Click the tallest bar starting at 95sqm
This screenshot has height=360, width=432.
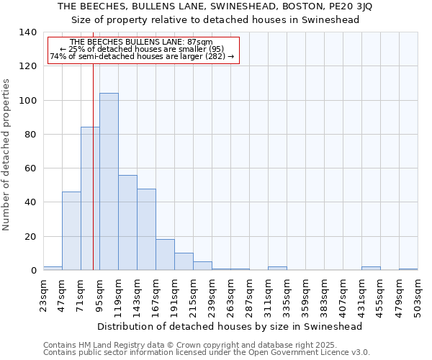(109, 181)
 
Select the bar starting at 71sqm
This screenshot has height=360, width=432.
(90, 199)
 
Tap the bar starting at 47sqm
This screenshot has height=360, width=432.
(71, 230)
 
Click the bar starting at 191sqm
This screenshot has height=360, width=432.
(184, 261)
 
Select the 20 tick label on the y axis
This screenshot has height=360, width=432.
(30, 237)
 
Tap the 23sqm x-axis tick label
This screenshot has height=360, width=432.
(44, 293)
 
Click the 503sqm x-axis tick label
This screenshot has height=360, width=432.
(418, 295)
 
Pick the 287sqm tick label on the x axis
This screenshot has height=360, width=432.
(250, 295)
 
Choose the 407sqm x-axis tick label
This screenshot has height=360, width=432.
(343, 295)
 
